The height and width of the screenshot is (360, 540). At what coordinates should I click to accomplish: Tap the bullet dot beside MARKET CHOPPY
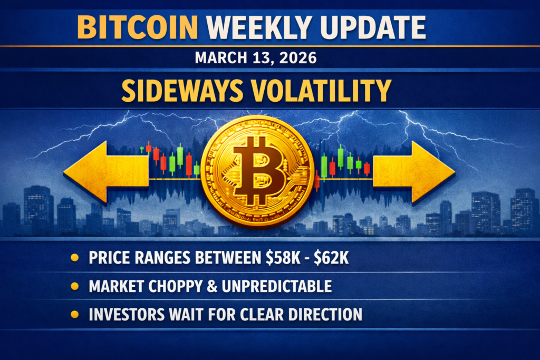(x=75, y=287)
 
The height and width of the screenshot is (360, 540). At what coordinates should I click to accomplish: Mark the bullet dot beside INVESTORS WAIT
(x=75, y=315)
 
